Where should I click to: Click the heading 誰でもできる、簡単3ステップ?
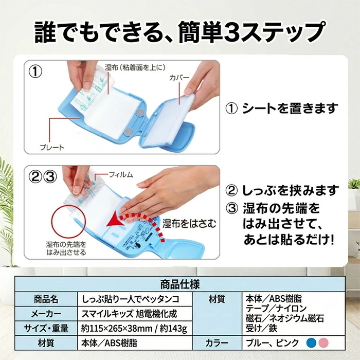pos(180,32)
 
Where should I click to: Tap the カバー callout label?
pos(179,78)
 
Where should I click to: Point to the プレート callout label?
pos(52,147)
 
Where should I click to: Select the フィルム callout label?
pos(120,175)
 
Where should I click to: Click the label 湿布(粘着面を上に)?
pos(135,67)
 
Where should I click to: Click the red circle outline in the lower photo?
pos(68,222)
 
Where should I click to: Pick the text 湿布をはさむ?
pos(189,224)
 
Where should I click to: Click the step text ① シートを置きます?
pos(282,109)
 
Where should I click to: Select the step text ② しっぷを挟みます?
pos(282,191)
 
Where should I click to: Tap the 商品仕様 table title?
pos(180,284)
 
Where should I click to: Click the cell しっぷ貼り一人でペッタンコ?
pos(131,299)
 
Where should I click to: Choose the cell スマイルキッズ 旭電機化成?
pos(129,314)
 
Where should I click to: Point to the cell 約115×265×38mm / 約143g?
pos(134,329)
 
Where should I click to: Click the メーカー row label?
pos(46,314)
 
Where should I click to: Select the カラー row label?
pos(217,343)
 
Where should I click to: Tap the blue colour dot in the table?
pos(311,343)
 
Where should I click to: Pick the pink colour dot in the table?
pos(323,343)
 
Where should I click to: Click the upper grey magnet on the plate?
pos(140,112)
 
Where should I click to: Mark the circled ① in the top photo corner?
pos(35,71)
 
